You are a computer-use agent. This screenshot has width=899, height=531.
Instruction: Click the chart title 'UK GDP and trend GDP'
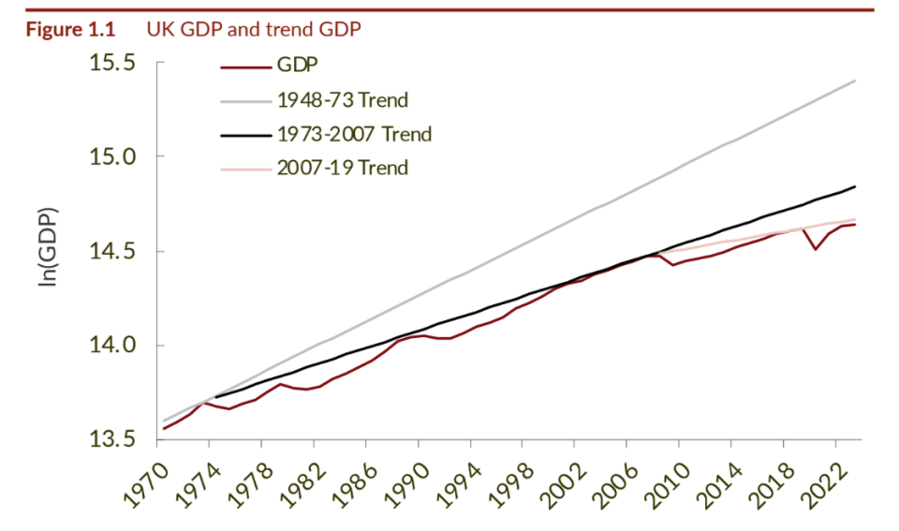pos(254,29)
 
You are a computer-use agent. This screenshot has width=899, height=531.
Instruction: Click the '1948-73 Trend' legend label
pos(343,99)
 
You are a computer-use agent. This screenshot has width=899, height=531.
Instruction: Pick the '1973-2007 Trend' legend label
pos(354,134)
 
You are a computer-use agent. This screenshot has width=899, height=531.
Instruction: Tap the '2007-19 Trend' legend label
pos(343,168)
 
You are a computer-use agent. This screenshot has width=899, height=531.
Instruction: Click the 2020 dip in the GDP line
pos(816,248)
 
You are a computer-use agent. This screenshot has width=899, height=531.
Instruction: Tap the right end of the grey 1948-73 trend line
pos(855,81)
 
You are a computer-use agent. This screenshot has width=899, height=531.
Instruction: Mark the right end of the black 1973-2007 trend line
pos(855,186)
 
